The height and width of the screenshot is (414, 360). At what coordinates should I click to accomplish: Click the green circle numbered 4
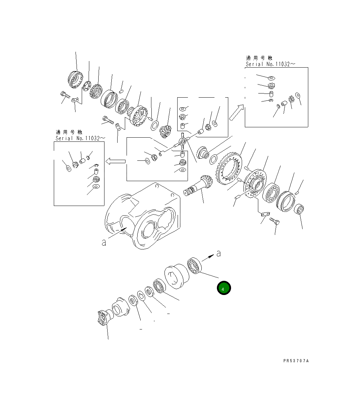(223, 288)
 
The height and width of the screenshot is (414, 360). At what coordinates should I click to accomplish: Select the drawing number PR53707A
(296, 361)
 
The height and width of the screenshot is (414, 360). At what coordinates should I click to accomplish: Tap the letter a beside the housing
(104, 243)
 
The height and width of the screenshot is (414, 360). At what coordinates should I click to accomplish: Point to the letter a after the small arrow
(218, 254)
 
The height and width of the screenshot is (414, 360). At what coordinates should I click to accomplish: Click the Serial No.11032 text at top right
(270, 64)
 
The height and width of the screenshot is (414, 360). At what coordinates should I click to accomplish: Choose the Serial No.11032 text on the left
(80, 138)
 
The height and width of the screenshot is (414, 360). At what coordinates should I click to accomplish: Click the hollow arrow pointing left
(115, 161)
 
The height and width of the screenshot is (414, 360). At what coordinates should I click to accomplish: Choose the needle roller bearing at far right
(300, 209)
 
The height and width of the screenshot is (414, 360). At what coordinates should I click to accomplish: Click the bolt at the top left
(65, 94)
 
